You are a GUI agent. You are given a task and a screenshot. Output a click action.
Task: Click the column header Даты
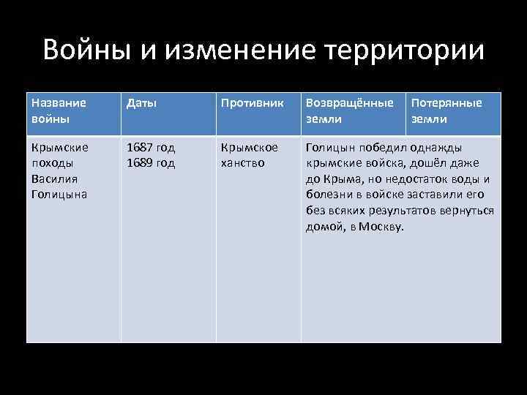pos(141,104)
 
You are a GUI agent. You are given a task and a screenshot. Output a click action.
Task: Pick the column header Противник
pos(252,104)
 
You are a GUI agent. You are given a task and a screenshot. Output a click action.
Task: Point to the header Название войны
pos(59,110)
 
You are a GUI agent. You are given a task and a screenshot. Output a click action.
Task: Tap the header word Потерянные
pos(446,104)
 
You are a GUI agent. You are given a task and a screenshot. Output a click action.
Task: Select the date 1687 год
pos(151,147)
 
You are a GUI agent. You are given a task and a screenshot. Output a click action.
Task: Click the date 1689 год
pos(151,162)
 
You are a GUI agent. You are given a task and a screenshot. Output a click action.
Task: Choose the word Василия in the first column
pos(53,178)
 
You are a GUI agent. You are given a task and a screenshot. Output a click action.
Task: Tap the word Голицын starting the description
pos(329,147)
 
